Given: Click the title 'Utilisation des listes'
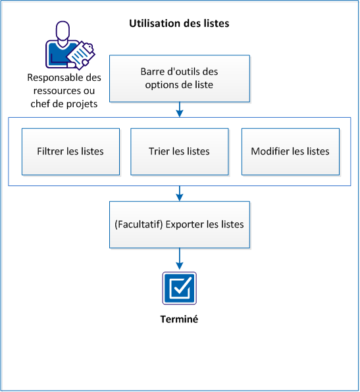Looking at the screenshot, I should [x=178, y=24].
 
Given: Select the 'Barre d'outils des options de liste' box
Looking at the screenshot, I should [x=179, y=78].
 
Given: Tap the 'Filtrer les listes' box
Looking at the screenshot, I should [x=70, y=151].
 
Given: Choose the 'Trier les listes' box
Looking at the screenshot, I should [x=179, y=151].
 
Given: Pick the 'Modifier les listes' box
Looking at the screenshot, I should [x=290, y=151].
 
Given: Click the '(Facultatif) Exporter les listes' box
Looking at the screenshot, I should [x=179, y=224].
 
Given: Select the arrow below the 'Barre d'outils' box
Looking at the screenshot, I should [x=179, y=110].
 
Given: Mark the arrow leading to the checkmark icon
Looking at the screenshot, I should [x=179, y=259].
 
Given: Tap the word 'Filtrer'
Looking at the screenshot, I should [x=51, y=151].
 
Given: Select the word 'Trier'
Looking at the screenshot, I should [x=160, y=151].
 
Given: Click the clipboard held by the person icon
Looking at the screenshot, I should [x=80, y=54].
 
